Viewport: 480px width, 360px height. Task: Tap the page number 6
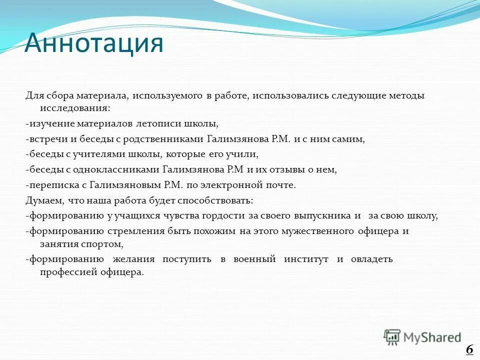pos(469,349)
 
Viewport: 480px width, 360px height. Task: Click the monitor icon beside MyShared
pos(392,337)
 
